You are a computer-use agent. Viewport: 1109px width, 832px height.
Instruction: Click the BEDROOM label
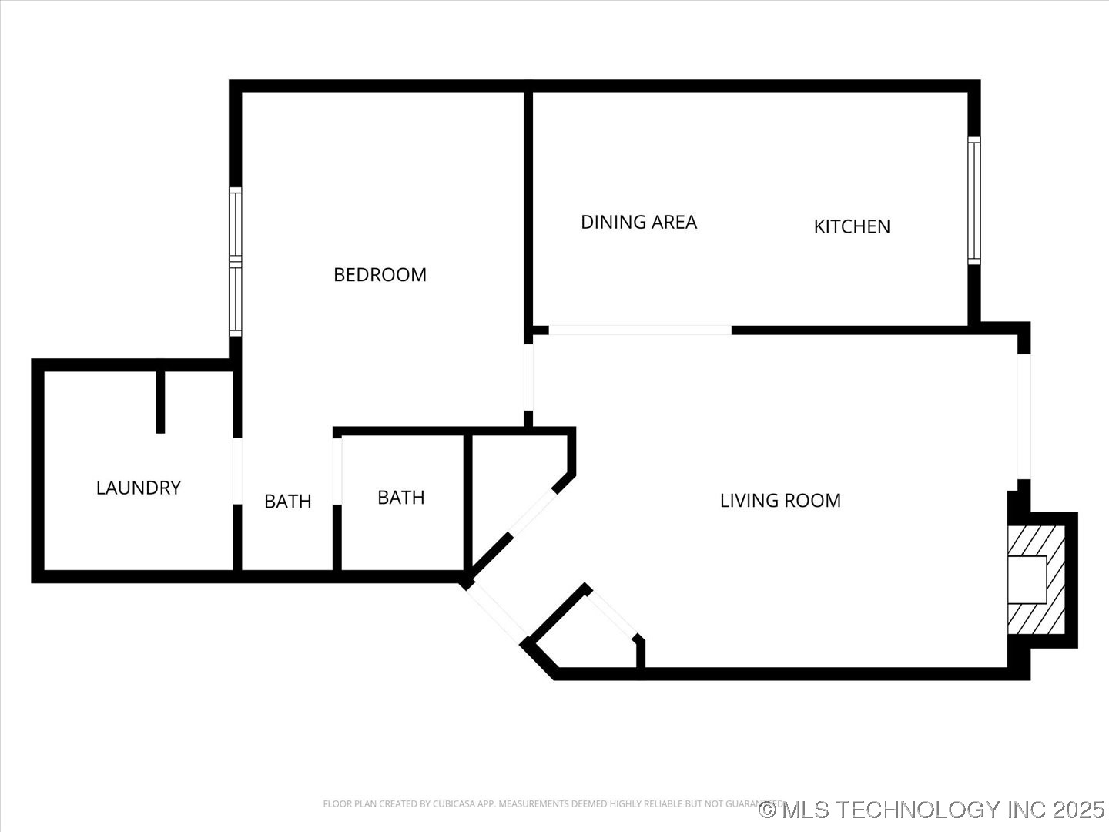pyautogui.click(x=380, y=275)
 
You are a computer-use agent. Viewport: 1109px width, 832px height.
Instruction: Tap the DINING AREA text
pyautogui.click(x=638, y=223)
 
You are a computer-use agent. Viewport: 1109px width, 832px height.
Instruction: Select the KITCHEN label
pyautogui.click(x=852, y=226)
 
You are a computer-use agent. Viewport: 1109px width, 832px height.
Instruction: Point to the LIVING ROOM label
pyautogui.click(x=780, y=501)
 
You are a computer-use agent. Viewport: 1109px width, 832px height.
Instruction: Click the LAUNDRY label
pyautogui.click(x=139, y=488)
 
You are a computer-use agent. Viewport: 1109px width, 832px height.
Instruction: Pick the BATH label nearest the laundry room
pyautogui.click(x=288, y=502)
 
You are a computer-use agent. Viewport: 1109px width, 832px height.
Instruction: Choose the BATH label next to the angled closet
pyautogui.click(x=400, y=498)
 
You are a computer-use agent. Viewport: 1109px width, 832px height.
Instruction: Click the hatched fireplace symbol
pyautogui.click(x=1036, y=579)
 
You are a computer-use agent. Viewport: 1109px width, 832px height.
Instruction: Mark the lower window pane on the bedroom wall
pyautogui.click(x=236, y=300)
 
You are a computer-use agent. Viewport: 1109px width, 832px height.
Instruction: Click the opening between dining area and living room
pyautogui.click(x=639, y=330)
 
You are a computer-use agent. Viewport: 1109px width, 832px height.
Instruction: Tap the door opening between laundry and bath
pyautogui.click(x=237, y=471)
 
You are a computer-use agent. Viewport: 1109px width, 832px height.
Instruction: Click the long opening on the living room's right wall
pyautogui.click(x=1024, y=416)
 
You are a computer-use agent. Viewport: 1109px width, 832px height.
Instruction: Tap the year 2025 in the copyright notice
pyautogui.click(x=1078, y=810)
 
